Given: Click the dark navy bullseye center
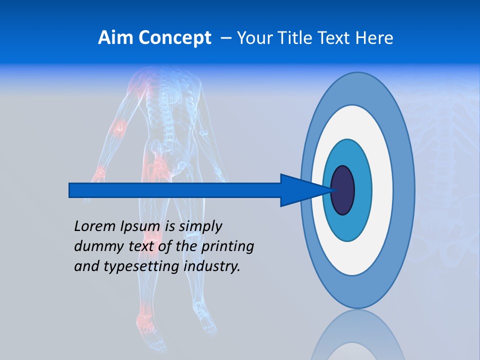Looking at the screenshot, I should pyautogui.click(x=343, y=190).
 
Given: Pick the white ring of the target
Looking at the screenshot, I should pyautogui.click(x=382, y=190).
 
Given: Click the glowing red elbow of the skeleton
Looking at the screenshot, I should pyautogui.click(x=118, y=128).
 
